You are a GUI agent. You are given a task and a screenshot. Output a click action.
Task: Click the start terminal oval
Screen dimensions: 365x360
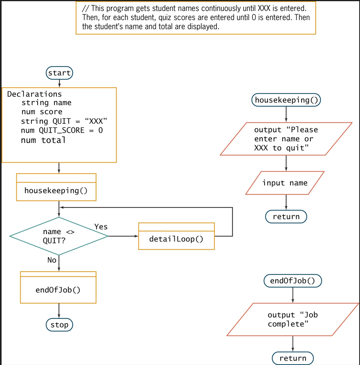pos(59,73)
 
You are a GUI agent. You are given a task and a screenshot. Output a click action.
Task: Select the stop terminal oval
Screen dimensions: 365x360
pos(59,325)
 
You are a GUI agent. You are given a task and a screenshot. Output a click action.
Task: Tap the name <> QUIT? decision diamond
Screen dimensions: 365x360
pos(59,236)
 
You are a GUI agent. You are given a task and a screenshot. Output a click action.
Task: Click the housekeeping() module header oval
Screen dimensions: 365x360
pos(286,100)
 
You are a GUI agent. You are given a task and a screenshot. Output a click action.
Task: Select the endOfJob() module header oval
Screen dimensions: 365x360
pos(292,281)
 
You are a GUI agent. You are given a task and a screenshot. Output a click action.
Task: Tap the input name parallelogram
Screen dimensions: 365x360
pos(285,183)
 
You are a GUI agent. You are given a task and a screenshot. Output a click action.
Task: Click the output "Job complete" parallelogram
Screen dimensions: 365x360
pos(293,319)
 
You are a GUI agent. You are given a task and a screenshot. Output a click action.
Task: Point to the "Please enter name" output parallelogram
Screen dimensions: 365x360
pos(286,139)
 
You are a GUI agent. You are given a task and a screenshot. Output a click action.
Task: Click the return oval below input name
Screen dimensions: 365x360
pos(286,217)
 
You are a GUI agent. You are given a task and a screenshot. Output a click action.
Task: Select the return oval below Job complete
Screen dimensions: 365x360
pos(293,358)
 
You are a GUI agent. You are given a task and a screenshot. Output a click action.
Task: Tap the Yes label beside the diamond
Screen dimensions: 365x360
pos(101,227)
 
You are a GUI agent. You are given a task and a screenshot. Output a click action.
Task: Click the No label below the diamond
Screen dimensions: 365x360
pos(52,260)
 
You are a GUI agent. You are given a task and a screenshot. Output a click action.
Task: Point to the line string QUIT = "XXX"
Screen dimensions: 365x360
pos(64,121)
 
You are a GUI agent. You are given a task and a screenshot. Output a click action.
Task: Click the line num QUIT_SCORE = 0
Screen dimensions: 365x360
pos(62,130)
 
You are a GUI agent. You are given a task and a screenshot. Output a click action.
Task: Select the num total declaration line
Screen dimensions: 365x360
pos(43,140)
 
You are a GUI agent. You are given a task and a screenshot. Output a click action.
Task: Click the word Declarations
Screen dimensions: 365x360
pos(34,94)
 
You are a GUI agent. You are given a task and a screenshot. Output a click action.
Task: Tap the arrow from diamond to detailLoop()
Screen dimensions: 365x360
pos(123,236)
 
